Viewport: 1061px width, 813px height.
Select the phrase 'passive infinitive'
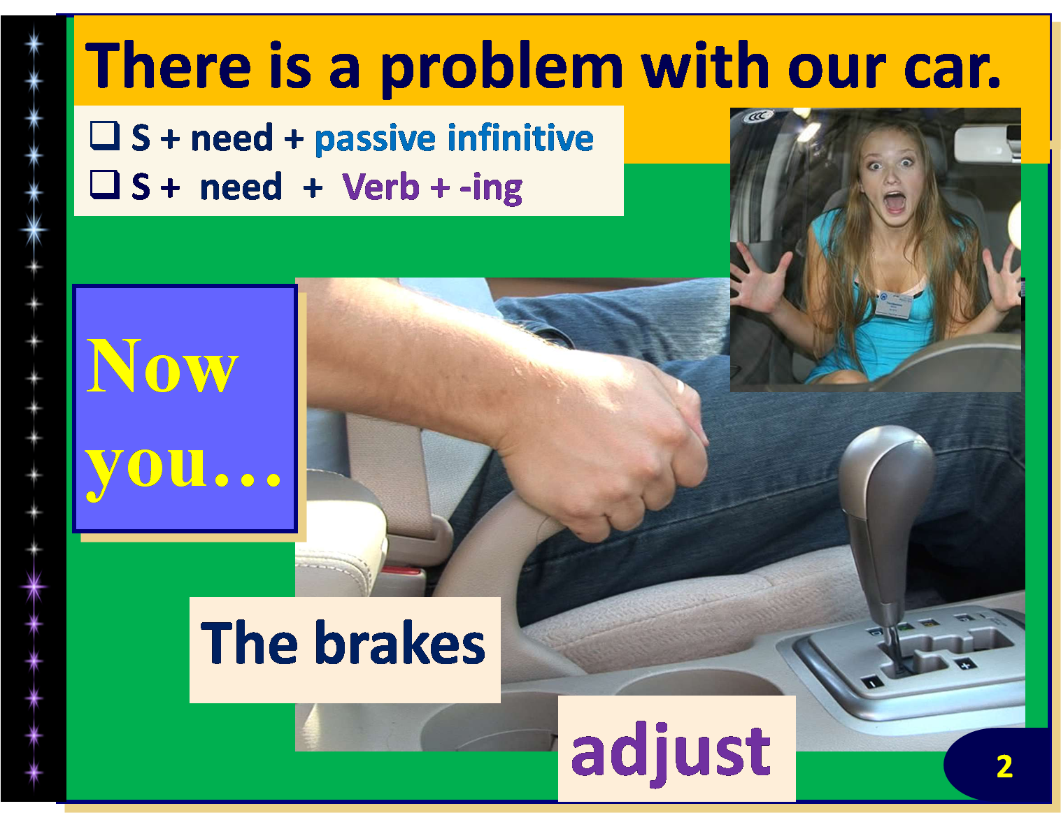point(453,138)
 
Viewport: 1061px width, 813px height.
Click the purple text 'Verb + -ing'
point(432,187)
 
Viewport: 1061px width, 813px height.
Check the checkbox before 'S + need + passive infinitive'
point(105,135)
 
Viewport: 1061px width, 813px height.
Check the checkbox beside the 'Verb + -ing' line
point(105,185)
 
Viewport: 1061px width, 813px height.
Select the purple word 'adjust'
point(671,752)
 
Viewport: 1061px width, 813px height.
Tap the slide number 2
point(1004,767)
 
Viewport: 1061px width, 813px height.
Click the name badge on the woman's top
point(893,305)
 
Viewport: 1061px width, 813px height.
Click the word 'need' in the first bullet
point(232,138)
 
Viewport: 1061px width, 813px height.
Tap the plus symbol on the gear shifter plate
point(965,664)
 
